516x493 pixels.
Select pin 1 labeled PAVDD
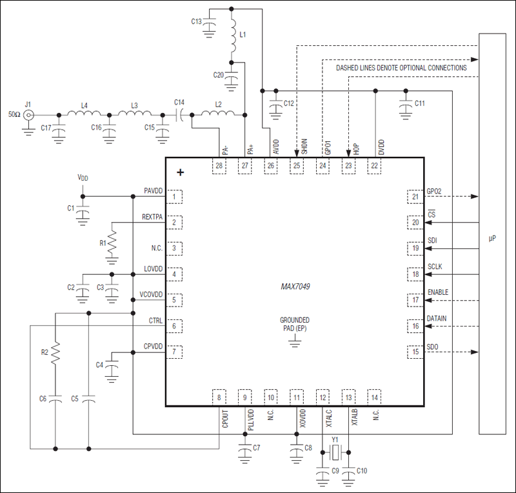tap(173, 196)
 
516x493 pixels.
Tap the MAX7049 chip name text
tap(294, 286)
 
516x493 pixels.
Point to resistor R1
tap(112, 242)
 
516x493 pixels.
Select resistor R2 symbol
tap(55, 352)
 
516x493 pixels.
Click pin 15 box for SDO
tap(415, 352)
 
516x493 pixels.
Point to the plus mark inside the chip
tap(181, 172)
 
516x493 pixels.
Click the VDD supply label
tap(82, 177)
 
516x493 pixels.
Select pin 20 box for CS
tap(415, 222)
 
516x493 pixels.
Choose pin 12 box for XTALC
tap(322, 397)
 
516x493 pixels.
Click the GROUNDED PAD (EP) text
tap(294, 324)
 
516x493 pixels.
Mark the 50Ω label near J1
tap(14, 115)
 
